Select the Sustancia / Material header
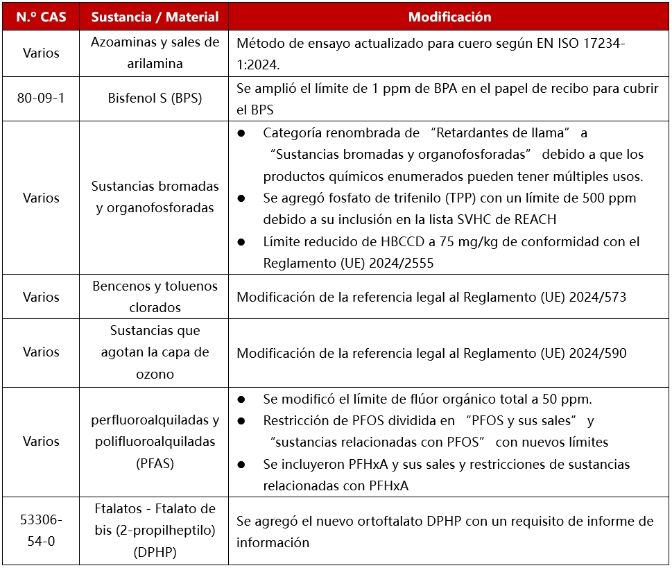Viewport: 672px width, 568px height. pos(155,17)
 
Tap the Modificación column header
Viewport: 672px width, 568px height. pos(449,17)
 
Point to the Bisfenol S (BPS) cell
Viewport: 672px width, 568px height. pos(155,98)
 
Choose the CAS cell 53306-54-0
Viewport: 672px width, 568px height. pos(40,531)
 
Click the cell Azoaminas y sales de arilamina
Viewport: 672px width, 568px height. pos(155,53)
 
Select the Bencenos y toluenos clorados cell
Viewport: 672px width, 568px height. pos(155,297)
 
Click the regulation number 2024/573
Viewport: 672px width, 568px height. pos(600,297)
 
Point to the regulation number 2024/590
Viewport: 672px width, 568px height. pos(600,353)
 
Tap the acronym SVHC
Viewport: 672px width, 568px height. pos(472,219)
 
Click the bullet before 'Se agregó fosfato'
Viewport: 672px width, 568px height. pos(241,198)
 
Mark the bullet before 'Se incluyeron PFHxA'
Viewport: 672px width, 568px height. pos(241,464)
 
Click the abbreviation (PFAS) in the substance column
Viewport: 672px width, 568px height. pos(155,463)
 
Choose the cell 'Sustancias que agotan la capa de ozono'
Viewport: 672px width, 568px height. pos(155,352)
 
